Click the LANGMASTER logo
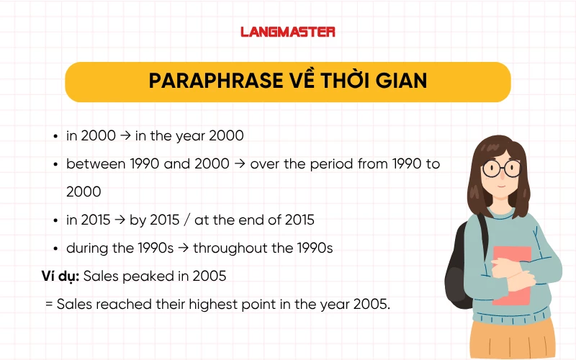pos(287,32)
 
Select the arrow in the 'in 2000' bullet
pos(127,135)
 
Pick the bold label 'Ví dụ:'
pos(61,276)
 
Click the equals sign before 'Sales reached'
pos(49,304)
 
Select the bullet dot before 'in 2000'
pos(56,136)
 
